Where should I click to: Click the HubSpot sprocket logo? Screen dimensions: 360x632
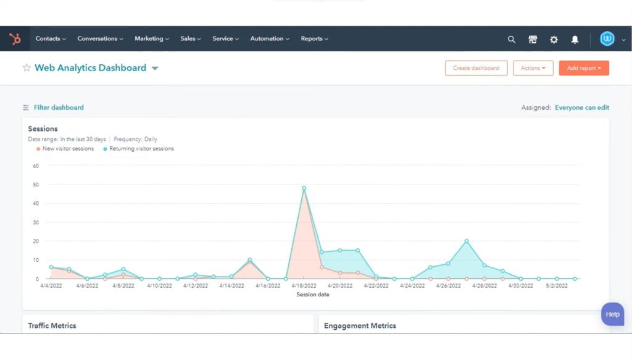15,39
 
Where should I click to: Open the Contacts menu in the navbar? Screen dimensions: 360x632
51,39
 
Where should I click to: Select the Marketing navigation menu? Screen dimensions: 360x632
152,39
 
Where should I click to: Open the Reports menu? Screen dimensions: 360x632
314,39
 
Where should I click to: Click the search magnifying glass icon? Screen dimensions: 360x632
512,40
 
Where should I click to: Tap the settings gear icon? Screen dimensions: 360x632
554,40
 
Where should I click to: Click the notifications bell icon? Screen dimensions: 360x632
575,40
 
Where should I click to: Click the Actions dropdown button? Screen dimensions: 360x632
533,68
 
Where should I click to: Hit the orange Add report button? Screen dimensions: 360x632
584,68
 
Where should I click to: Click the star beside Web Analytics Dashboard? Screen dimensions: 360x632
27,68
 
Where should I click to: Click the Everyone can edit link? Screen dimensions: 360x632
582,107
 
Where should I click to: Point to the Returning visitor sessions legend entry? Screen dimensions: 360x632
141,149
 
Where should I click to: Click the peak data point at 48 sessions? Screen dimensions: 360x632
304,188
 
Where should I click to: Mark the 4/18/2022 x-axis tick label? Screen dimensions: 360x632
304,286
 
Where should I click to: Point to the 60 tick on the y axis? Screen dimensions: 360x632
35,165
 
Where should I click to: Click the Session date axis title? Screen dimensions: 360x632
313,295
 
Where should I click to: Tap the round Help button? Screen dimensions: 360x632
612,314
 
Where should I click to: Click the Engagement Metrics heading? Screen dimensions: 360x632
360,325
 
